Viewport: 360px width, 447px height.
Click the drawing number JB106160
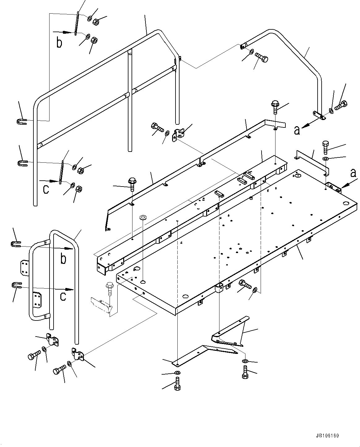[327, 436]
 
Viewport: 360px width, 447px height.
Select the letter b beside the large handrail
[59, 43]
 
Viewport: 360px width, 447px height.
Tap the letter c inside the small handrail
[63, 296]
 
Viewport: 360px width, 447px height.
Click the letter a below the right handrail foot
[297, 131]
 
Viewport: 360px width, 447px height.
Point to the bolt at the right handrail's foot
[340, 106]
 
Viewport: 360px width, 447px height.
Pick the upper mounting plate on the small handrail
[24, 266]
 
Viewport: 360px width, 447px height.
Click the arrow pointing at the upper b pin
[63, 32]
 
